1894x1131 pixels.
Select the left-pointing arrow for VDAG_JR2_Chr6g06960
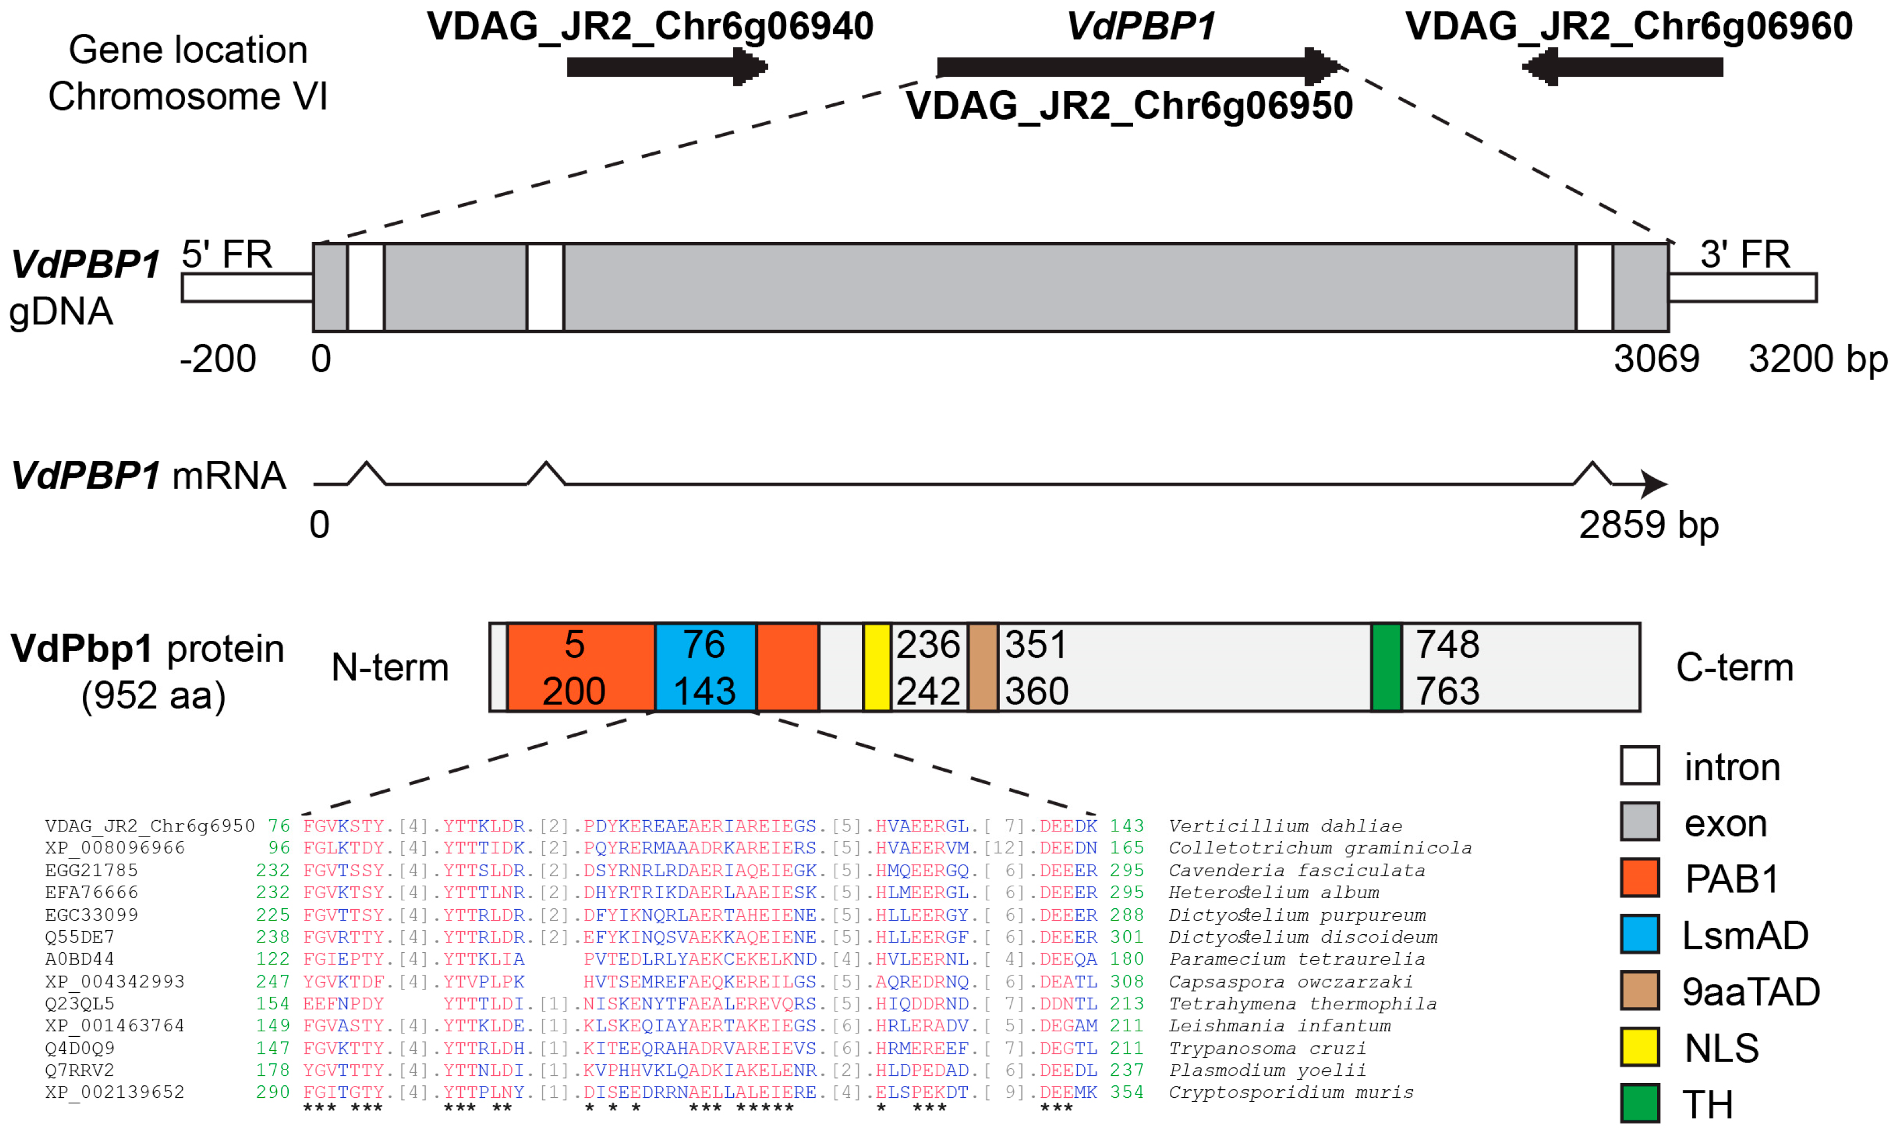[x=1623, y=67]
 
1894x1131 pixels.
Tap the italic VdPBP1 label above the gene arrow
[x=1140, y=27]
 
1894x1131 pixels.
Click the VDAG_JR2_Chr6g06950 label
[x=1129, y=105]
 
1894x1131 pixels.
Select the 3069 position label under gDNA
[x=1657, y=359]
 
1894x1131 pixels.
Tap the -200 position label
[x=218, y=359]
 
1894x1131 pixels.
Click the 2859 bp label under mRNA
[x=1649, y=525]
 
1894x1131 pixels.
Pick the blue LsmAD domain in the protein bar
[x=706, y=668]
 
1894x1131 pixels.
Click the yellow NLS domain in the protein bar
[x=877, y=668]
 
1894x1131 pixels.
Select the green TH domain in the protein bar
[x=1386, y=668]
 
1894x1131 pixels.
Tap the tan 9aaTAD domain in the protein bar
[x=983, y=668]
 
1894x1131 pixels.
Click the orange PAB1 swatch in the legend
[x=1640, y=878]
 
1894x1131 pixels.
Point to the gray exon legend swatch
[x=1640, y=821]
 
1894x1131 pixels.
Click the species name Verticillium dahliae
[x=1285, y=826]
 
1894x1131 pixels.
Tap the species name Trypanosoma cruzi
[x=1267, y=1049]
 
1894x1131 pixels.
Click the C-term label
[x=1735, y=668]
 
